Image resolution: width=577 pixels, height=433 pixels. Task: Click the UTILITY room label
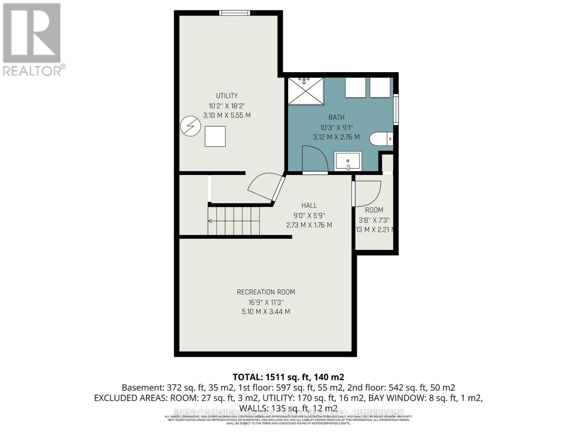tap(227, 96)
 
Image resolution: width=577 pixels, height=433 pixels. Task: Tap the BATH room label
tap(336, 117)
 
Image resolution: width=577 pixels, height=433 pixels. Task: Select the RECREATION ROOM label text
tap(266, 292)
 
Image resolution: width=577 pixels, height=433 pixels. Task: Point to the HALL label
tap(309, 205)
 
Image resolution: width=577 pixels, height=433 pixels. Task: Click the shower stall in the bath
tap(305, 91)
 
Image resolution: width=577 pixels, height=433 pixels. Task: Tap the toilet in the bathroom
tap(381, 139)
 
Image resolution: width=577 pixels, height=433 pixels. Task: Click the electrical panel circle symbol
tap(190, 126)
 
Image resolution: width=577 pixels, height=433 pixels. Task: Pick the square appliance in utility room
tap(215, 136)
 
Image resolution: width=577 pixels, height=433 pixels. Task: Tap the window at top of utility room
tap(235, 13)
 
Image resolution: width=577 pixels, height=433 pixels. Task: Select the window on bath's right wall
tap(396, 109)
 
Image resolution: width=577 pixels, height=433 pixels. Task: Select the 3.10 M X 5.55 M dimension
tap(227, 115)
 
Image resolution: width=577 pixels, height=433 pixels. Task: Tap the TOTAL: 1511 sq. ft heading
tap(288, 377)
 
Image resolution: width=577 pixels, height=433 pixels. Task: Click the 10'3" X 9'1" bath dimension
tap(336, 127)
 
